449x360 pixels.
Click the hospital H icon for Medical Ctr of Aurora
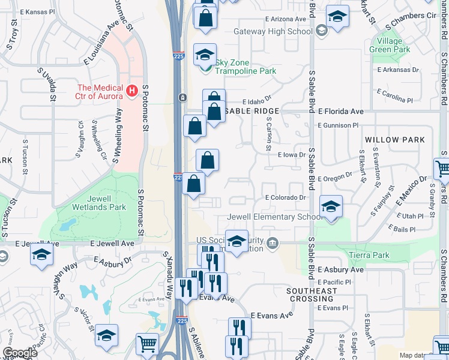(x=132, y=91)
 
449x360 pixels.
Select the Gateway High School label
(x=273, y=31)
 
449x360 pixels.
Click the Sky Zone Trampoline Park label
(x=246, y=66)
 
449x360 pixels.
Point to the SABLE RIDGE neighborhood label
(x=253, y=111)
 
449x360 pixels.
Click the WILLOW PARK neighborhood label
(x=394, y=140)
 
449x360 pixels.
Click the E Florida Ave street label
(x=341, y=111)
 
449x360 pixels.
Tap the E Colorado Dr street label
(x=285, y=197)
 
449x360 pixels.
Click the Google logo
(x=19, y=352)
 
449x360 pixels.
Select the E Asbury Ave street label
(x=340, y=270)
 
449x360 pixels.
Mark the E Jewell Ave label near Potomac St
(x=112, y=244)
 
